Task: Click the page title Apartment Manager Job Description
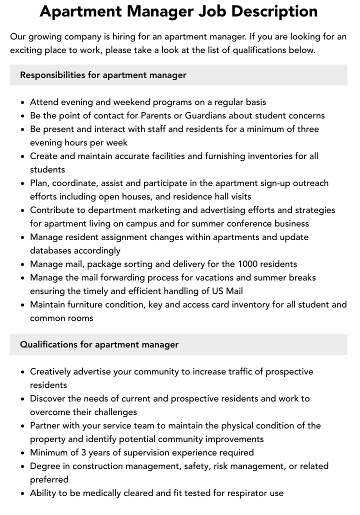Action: (x=178, y=11)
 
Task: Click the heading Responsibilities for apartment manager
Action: (x=103, y=75)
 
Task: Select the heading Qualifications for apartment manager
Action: (x=99, y=344)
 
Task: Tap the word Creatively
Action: (x=50, y=371)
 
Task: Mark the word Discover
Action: (x=48, y=398)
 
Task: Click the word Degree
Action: (x=45, y=466)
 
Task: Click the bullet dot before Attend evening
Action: (x=23, y=102)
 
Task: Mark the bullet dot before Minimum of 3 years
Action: (x=23, y=453)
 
